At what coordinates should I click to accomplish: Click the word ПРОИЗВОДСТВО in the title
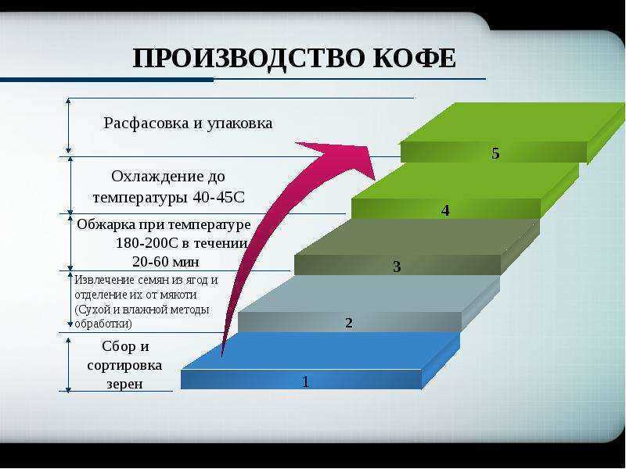(x=248, y=59)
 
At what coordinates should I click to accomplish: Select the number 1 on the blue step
(x=305, y=381)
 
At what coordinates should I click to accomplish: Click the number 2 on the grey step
(x=348, y=323)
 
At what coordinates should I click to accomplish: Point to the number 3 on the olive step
(x=397, y=267)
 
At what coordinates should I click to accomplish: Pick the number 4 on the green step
(x=445, y=210)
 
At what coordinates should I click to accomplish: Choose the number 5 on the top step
(x=495, y=153)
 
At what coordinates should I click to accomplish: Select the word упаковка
(x=239, y=124)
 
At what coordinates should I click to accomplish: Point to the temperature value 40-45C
(x=218, y=197)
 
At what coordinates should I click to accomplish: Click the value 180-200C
(x=146, y=243)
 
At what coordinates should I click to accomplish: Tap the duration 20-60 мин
(x=166, y=262)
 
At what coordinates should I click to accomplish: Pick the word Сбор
(x=119, y=346)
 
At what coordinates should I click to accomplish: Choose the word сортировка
(x=124, y=365)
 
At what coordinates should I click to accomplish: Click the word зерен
(x=124, y=384)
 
